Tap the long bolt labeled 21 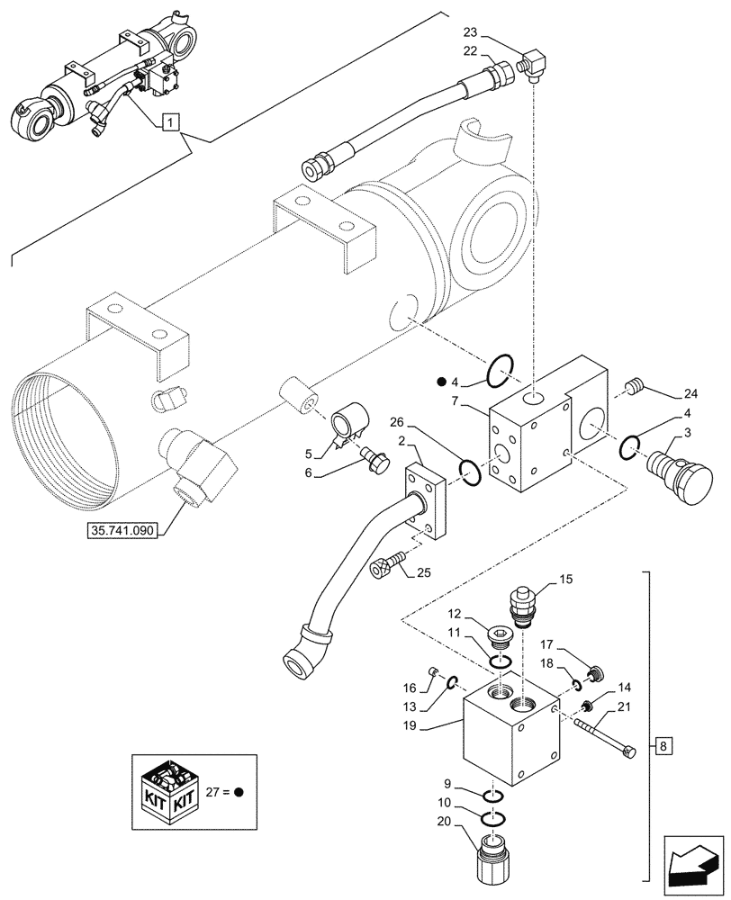[x=606, y=734]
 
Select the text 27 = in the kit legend [x=218, y=792]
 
